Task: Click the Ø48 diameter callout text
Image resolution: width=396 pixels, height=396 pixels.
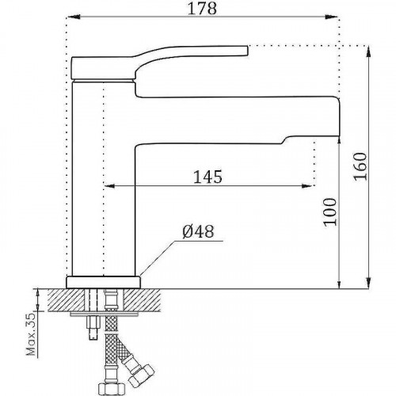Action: [199, 232]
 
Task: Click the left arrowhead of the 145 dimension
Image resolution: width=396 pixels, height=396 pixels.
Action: [109, 188]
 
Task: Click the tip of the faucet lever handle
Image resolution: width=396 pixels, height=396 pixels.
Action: [247, 49]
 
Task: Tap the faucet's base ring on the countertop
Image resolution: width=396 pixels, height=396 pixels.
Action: [105, 280]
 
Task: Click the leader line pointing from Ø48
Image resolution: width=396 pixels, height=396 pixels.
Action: [162, 253]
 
